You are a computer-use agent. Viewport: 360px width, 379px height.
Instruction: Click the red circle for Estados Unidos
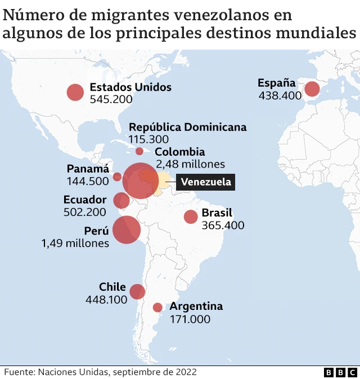(x=75, y=92)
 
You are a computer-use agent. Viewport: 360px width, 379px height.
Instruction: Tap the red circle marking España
(x=312, y=89)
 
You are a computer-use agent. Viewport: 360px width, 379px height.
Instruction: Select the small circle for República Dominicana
(x=139, y=151)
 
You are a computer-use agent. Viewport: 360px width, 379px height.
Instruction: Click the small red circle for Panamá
(x=117, y=177)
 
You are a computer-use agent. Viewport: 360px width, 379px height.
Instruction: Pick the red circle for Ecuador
(x=121, y=200)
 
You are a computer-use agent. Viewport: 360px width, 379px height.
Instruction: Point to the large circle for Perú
(x=127, y=229)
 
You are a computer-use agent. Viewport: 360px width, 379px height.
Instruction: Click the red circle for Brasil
(x=191, y=216)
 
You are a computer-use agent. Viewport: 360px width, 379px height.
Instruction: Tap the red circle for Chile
(x=137, y=291)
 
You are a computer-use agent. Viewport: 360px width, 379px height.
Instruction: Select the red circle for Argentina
(x=157, y=308)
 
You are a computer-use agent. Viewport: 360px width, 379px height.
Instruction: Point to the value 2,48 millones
(x=190, y=164)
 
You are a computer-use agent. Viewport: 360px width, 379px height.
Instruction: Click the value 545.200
(x=111, y=100)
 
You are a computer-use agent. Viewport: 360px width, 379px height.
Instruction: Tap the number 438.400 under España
(x=280, y=96)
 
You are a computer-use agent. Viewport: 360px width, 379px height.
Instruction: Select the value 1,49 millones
(x=75, y=243)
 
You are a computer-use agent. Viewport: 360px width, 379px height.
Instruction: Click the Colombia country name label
(x=179, y=152)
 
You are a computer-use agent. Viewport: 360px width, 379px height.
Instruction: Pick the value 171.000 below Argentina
(x=190, y=319)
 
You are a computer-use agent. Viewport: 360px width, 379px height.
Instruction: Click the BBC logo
(x=340, y=372)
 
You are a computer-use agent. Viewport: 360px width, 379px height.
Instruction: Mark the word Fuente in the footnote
(x=19, y=372)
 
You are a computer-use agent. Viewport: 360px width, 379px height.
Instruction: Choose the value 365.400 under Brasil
(x=223, y=225)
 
